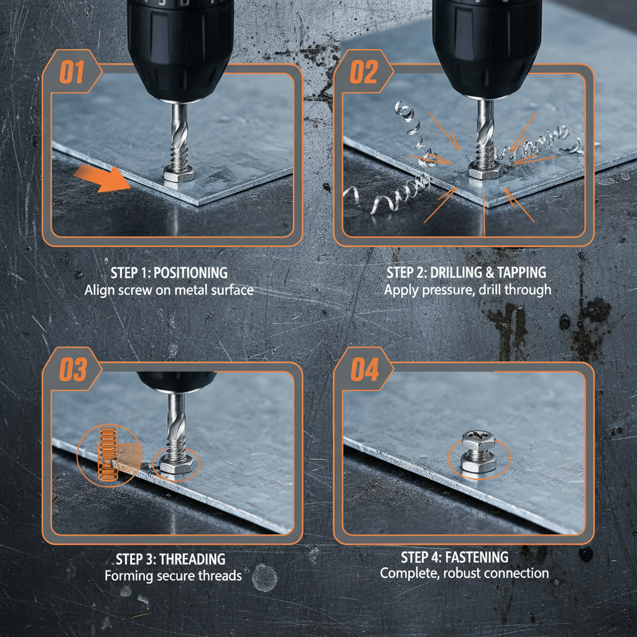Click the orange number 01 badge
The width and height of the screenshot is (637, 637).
(71, 73)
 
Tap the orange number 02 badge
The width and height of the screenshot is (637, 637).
(363, 73)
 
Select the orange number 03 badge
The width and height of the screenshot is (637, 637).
(72, 371)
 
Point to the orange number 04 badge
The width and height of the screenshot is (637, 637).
(364, 371)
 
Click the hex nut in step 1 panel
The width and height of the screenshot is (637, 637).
(179, 175)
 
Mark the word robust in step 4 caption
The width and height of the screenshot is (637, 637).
(464, 573)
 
